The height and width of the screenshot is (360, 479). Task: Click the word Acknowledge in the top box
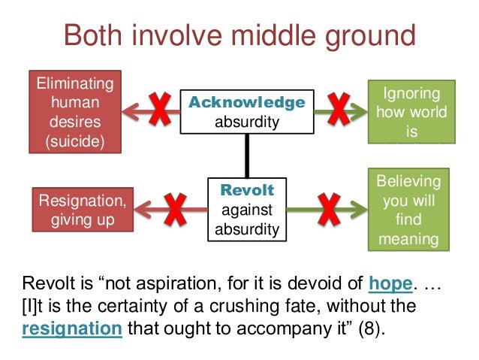[247, 102]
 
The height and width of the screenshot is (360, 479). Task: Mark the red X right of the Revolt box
[329, 210]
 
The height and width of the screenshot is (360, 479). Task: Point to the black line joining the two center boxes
[246, 156]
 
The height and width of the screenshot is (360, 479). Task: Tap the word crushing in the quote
[239, 307]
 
